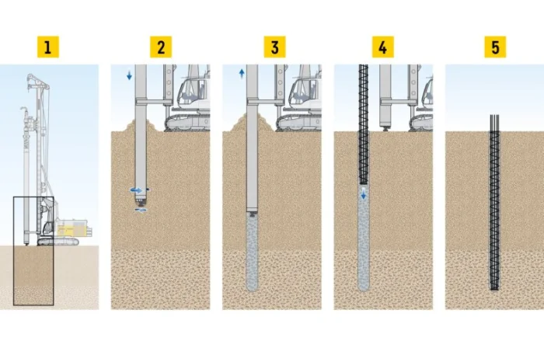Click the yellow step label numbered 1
tap(48, 47)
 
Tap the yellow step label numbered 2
tap(161, 47)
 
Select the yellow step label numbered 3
tap(274, 47)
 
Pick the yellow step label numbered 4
tap(382, 47)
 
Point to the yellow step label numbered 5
tap(495, 47)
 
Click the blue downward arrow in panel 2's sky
tap(130, 75)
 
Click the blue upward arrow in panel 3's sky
tap(242, 74)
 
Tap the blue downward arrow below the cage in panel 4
tap(363, 193)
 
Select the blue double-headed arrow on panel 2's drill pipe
tap(136, 190)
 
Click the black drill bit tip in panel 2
tap(141, 204)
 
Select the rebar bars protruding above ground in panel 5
tap(494, 123)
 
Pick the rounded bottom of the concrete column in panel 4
tap(363, 287)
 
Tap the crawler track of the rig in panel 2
tap(187, 124)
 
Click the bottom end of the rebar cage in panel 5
tap(494, 287)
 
